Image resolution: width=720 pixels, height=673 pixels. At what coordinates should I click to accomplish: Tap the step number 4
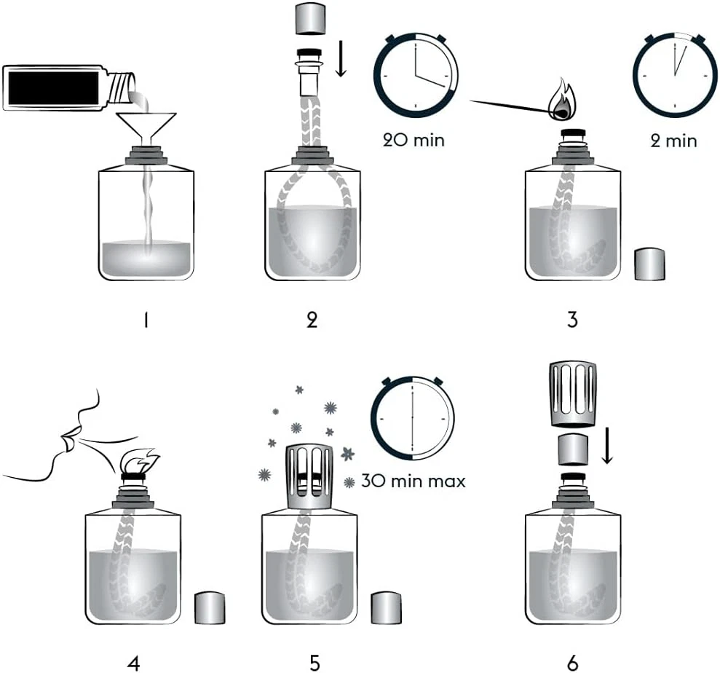click(133, 662)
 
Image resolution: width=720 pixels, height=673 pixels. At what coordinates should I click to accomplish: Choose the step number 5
click(314, 662)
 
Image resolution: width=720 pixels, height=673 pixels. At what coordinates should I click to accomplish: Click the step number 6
click(572, 662)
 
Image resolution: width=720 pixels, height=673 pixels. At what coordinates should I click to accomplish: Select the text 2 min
click(673, 140)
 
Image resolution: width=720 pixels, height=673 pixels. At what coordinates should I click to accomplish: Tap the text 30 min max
click(416, 481)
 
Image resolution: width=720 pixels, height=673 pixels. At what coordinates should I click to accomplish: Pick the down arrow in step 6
click(608, 448)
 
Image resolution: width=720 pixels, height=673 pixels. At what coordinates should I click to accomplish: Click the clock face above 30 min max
click(412, 419)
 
